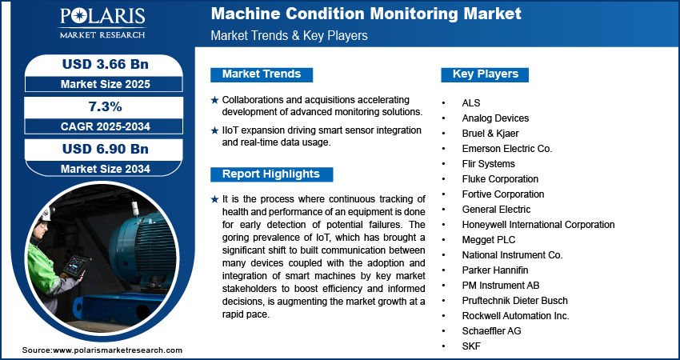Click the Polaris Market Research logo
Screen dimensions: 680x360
pos(102,22)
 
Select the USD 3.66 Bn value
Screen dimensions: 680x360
pos(106,64)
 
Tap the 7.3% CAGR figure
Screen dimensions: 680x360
pos(104,106)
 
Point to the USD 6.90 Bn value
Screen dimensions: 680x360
pos(106,149)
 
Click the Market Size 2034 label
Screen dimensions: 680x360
pos(106,169)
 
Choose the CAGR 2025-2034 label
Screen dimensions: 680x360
pos(106,126)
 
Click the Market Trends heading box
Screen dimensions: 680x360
pos(262,74)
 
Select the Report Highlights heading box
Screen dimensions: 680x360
pos(271,174)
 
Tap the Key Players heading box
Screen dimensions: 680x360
pos(485,74)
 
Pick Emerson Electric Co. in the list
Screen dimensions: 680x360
pos(507,149)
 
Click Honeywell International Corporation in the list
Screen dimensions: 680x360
pos(538,225)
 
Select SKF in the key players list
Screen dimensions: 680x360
pos(471,346)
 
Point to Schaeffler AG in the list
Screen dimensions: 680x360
pos(491,331)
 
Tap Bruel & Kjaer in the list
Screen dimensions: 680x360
pos(490,134)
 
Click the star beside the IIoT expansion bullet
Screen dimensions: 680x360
pos(214,130)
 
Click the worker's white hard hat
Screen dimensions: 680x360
pos(46,214)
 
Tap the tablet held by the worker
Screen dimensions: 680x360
pos(76,265)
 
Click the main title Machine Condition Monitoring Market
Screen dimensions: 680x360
pos(366,14)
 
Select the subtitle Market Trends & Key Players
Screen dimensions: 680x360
pos(289,35)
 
